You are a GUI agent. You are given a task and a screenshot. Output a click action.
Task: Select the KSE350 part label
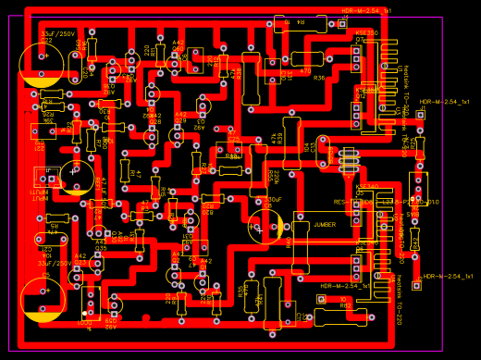coord(366,32)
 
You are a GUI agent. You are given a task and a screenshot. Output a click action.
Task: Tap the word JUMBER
coord(325,224)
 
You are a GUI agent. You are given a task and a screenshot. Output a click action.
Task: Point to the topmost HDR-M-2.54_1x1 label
coord(365,10)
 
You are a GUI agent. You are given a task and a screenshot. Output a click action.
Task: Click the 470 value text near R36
coord(306,69)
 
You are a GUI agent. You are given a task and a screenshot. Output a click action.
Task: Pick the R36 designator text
coord(320,79)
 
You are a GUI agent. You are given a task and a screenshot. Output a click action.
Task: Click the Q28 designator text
coord(155,121)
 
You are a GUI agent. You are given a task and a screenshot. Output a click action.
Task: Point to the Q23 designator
coord(80,263)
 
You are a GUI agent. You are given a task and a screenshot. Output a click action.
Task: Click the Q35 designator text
coord(101,248)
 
